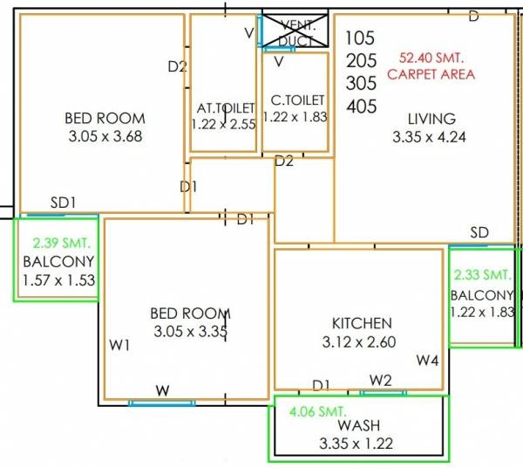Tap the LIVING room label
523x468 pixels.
pyautogui.click(x=431, y=119)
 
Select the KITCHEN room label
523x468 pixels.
pyautogui.click(x=362, y=323)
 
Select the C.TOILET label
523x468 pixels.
pyautogui.click(x=297, y=100)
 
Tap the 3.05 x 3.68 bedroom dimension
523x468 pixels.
pyautogui.click(x=105, y=136)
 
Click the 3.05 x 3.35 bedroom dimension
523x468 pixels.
pyautogui.click(x=189, y=332)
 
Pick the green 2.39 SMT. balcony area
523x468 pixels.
pyautogui.click(x=60, y=242)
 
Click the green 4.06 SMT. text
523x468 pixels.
pyautogui.click(x=312, y=409)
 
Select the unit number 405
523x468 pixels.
pyautogui.click(x=361, y=107)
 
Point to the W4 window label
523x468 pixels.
pyautogui.click(x=427, y=360)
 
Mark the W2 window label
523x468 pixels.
pyautogui.click(x=380, y=380)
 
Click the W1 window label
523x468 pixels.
pyautogui.click(x=119, y=345)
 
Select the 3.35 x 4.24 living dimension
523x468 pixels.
pyautogui.click(x=431, y=137)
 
